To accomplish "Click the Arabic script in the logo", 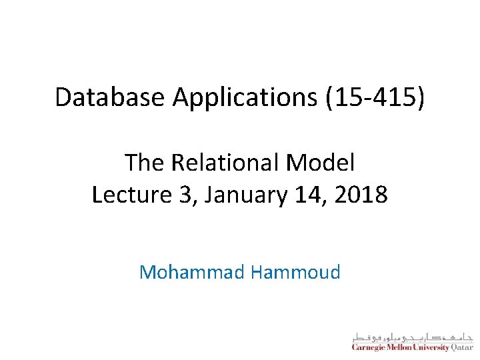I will click(412, 335).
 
